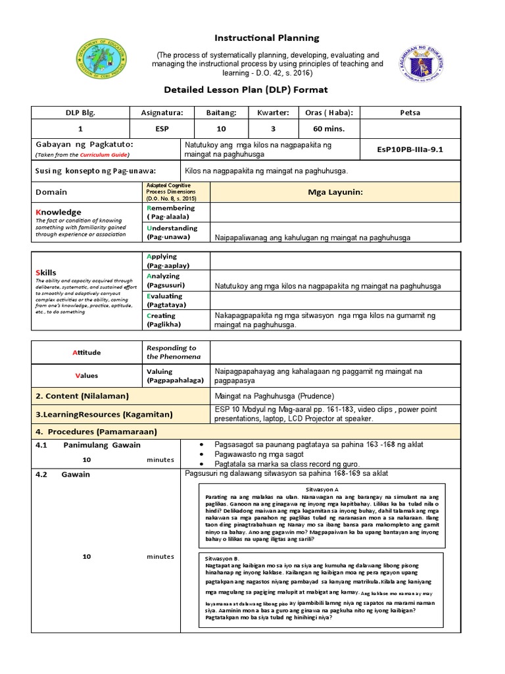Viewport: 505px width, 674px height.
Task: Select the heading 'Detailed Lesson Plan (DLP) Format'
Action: click(262, 89)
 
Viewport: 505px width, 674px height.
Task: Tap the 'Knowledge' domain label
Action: click(58, 212)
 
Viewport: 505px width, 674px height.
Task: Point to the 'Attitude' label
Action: click(86, 353)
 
